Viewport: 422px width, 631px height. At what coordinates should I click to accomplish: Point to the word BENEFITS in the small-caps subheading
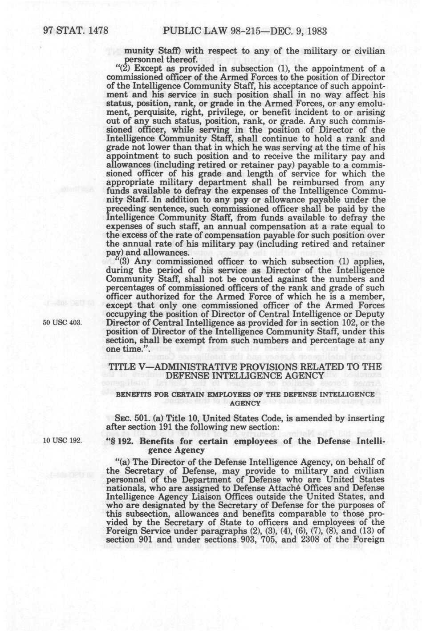pos(134,394)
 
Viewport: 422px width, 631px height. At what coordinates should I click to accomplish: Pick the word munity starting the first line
pos(138,51)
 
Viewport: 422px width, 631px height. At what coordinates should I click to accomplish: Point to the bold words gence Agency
pos(172,450)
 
